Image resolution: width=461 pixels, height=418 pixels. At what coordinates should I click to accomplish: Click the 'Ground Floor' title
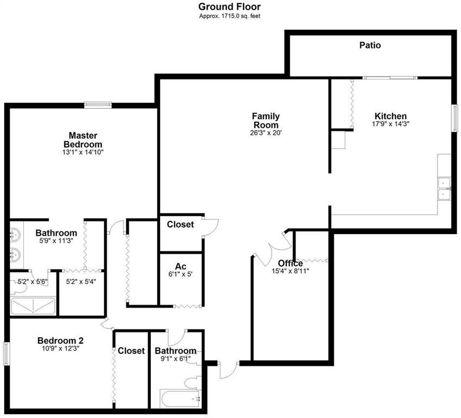[x=229, y=7]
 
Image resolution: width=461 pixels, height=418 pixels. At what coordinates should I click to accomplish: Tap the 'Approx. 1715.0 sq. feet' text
[x=229, y=16]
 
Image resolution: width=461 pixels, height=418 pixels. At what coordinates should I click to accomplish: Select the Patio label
[x=370, y=45]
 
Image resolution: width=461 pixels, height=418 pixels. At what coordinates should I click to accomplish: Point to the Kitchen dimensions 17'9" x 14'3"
[x=390, y=124]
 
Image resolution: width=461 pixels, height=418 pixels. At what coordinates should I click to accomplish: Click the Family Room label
[x=266, y=120]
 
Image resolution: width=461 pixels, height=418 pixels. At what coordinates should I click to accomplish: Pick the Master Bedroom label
[x=83, y=139]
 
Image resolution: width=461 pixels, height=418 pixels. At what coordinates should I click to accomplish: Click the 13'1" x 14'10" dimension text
[x=83, y=153]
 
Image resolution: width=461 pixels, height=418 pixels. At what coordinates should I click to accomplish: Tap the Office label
[x=291, y=263]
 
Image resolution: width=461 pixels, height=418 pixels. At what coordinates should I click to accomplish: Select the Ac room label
[x=181, y=266]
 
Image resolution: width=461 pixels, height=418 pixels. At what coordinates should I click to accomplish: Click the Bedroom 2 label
[x=60, y=341]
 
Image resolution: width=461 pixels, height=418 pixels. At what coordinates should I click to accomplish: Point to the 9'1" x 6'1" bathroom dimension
[x=175, y=359]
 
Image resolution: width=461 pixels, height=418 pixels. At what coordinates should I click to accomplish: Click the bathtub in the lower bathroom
[x=180, y=399]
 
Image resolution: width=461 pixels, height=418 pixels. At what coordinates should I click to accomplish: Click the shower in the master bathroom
[x=33, y=305]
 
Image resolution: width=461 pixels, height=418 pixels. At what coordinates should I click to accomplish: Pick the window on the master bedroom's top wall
[x=98, y=104]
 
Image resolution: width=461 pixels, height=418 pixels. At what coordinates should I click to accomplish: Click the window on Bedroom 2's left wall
[x=7, y=354]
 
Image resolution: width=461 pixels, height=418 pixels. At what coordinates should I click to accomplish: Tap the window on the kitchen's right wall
[x=453, y=116]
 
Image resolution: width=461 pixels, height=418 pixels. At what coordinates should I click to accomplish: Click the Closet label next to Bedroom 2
[x=131, y=351]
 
